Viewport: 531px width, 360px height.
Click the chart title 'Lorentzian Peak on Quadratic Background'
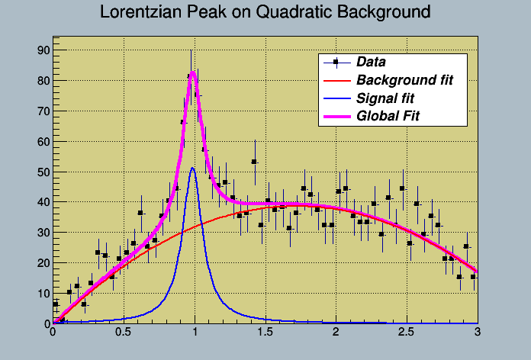[x=265, y=13]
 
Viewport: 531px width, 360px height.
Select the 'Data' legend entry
[x=371, y=62]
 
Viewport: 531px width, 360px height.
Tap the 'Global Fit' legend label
[x=388, y=117]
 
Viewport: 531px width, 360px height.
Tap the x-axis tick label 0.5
[x=123, y=333]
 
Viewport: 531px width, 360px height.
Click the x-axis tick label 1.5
[x=265, y=333]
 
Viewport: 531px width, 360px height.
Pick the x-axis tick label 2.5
[x=407, y=333]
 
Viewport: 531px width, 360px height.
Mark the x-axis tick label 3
[x=477, y=333]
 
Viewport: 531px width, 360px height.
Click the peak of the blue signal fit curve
[x=193, y=169]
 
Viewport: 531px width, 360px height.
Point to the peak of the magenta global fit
[x=193, y=72]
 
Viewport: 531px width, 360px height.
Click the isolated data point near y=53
[x=254, y=162]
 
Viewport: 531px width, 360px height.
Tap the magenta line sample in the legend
[x=336, y=117]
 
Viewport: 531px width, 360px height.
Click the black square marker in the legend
[x=336, y=62]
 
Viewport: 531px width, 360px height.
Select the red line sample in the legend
[x=336, y=80]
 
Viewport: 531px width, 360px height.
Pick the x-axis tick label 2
[x=336, y=333]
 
